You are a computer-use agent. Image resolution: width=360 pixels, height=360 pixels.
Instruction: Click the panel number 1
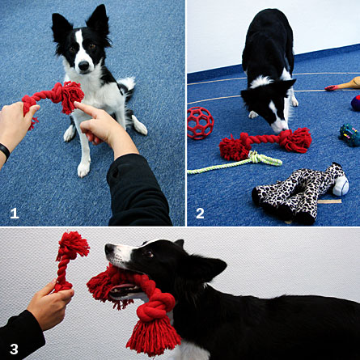pos(15,214)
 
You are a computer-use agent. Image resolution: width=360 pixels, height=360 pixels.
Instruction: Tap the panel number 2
pos(200,214)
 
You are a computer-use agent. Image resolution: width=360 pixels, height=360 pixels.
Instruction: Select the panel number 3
pos(14,349)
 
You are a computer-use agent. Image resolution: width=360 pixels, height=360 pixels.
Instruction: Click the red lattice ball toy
pos(200,123)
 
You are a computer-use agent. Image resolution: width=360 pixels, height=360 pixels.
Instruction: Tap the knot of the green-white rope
pos(256,159)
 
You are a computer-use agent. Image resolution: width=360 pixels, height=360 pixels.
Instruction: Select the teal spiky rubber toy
pos(349,135)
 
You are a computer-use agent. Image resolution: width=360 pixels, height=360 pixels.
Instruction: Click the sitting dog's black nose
pos(83,66)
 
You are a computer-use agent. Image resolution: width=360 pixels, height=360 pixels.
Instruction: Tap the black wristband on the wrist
pos(5,151)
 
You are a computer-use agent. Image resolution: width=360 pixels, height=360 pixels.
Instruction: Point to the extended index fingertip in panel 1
pos(77,104)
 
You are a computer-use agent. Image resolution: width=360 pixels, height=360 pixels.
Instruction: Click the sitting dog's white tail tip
pos(129,82)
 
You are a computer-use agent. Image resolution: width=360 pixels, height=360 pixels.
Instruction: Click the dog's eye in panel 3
pos(149,254)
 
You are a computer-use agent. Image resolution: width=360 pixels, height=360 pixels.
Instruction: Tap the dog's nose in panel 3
pos(108,248)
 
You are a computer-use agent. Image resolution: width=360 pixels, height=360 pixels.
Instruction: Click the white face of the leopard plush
pos(341,185)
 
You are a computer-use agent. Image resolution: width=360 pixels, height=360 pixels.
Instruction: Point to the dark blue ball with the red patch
pos(356,103)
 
